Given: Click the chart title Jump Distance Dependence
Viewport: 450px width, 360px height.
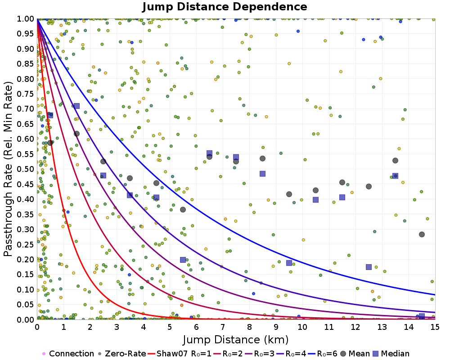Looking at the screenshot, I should coord(225,7).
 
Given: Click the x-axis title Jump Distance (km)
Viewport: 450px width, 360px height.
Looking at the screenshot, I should coord(236,339).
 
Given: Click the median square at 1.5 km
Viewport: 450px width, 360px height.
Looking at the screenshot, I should coord(76,106).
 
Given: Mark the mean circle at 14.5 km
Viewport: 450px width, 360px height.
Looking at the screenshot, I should coord(422,234).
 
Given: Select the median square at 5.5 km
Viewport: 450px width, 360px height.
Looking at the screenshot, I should coord(183,260).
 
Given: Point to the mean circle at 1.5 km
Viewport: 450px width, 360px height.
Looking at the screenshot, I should coord(76,134).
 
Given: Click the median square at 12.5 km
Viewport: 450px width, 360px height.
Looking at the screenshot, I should coord(369,267).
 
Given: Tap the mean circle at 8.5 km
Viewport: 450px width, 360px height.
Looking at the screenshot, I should coord(262,158).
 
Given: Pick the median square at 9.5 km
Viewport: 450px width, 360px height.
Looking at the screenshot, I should coord(289,263).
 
